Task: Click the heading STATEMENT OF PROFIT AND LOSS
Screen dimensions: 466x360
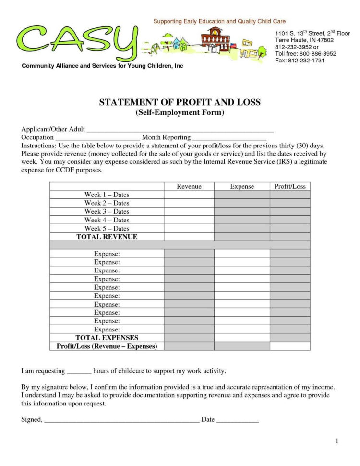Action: click(180, 102)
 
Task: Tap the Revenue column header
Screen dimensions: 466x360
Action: click(189, 186)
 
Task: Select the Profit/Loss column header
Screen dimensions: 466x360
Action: click(289, 186)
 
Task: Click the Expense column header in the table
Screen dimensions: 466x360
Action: click(242, 186)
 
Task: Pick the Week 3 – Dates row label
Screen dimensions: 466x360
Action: click(107, 211)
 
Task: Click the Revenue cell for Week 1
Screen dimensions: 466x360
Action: click(189, 195)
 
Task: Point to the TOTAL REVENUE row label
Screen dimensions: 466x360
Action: click(107, 237)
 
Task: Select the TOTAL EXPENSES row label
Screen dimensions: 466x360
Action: click(107, 338)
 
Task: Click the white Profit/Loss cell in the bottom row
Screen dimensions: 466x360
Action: click(289, 346)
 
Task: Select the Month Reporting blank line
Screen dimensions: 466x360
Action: click(229, 138)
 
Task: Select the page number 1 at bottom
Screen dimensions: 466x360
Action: click(337, 441)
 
